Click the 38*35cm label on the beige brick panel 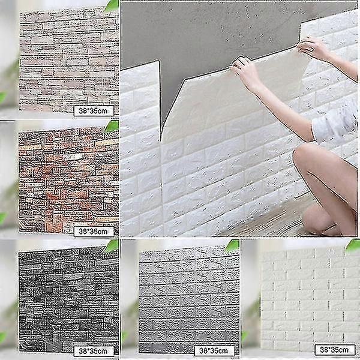click(x=93, y=110)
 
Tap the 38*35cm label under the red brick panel click(x=94, y=230)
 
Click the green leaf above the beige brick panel click(x=112, y=5)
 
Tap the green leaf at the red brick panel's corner click(x=112, y=126)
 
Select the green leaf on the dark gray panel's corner click(x=112, y=245)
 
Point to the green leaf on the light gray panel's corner click(x=232, y=245)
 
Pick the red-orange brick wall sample click(x=66, y=177)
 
